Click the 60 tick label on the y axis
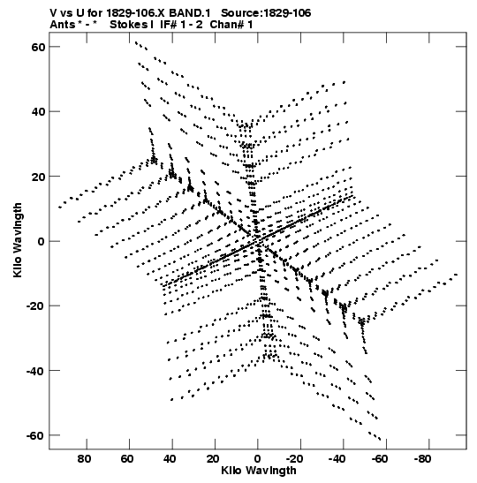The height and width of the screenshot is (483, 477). click(38, 47)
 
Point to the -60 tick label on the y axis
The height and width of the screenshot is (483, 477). click(35, 435)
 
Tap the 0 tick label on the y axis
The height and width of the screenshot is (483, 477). click(42, 242)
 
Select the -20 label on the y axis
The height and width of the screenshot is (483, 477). click(35, 306)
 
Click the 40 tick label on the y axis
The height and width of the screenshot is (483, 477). click(38, 111)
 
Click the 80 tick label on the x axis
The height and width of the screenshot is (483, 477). click(84, 459)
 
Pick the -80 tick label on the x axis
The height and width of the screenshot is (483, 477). click(422, 459)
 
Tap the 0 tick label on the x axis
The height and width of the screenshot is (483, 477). click(257, 459)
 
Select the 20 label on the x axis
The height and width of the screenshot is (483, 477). click(213, 459)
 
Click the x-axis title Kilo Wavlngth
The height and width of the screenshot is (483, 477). click(259, 471)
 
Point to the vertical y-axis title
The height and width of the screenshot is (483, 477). click(18, 240)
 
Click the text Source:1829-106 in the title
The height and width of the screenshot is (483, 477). click(266, 13)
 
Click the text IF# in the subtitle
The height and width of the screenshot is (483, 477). click(168, 25)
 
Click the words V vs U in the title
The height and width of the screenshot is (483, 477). click(65, 13)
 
